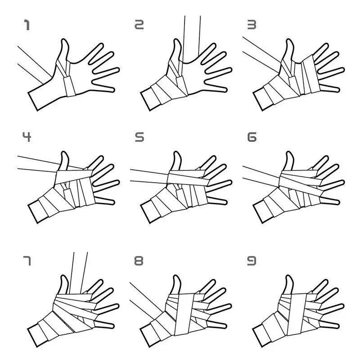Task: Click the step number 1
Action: coord(27,25)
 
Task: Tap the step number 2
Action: coord(139,25)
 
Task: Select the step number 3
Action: coord(252,25)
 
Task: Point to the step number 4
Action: coord(27,137)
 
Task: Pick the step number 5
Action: coord(139,137)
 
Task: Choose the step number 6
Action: coord(252,137)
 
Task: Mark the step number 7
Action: coord(27,261)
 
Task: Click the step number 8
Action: coord(139,261)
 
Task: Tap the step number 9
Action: coord(252,261)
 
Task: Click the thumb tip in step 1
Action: coord(64,40)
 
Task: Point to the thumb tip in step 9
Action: coord(289,276)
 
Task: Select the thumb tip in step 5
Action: coord(176,153)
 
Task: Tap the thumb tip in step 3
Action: coord(289,40)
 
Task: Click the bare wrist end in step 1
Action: coord(32,101)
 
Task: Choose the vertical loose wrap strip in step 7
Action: coord(78,273)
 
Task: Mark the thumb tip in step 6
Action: coord(289,153)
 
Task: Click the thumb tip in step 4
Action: coord(64,153)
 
